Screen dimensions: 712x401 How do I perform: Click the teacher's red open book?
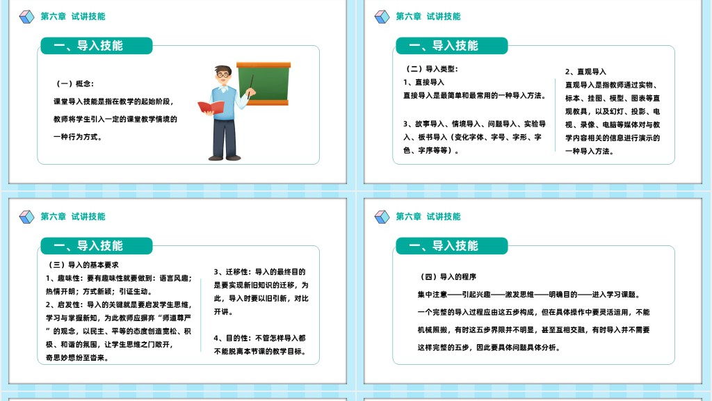coord(211,108)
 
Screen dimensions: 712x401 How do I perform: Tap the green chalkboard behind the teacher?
coord(264,84)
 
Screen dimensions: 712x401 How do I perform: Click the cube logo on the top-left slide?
coord(27,17)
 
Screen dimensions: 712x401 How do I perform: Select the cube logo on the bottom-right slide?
coord(382,217)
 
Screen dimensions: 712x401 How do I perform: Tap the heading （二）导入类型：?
coord(431,69)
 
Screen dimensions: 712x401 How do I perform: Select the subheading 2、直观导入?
coord(585,72)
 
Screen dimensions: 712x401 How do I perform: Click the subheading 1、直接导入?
coord(423,82)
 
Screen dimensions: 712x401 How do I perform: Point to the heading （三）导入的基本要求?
coord(83,265)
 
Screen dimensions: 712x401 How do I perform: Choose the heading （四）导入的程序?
coord(448,277)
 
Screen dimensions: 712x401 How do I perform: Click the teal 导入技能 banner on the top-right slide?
coord(452,46)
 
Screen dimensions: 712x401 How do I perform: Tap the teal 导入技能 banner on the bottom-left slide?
coord(97,246)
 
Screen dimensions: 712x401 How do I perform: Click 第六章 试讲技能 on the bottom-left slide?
coord(73,217)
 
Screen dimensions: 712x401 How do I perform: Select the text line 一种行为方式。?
coord(78,137)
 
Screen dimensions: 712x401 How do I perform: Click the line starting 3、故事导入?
coord(474,124)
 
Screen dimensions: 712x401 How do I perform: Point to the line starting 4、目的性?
coord(260,338)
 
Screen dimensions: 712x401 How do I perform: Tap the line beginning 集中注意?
coord(529,295)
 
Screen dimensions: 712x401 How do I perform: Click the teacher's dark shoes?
coord(225,158)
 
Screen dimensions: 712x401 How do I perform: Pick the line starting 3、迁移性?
coord(260,272)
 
